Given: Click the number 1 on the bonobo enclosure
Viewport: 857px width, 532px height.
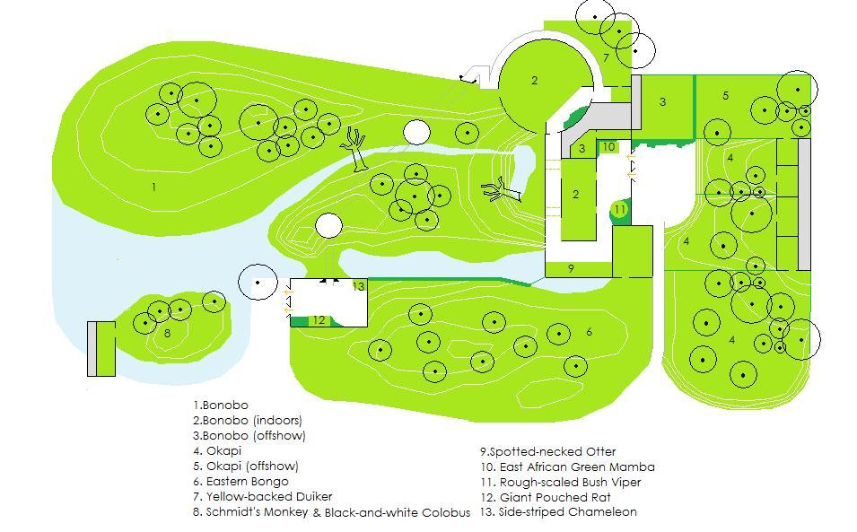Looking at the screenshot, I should pos(154,188).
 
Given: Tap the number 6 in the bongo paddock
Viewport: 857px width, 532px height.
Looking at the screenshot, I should pos(589,332).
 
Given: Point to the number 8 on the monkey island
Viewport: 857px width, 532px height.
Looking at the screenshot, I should pos(168,334).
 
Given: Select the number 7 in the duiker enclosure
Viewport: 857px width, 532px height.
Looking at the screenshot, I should pos(606,58).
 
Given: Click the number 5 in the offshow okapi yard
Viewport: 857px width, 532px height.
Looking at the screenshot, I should pos(725,96).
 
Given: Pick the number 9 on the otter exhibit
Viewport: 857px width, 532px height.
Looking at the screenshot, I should pos(571,268).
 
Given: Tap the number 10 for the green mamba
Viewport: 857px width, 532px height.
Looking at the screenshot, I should pos(608,147).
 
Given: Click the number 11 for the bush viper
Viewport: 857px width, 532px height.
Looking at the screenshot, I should pos(619,210).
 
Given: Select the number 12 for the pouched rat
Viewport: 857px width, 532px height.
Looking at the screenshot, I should pos(319,320).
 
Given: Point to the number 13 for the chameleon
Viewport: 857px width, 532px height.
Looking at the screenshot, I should pos(358,287).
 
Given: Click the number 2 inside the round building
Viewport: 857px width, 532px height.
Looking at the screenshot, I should pos(534,81).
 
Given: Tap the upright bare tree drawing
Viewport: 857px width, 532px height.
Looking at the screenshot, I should pos(356,148).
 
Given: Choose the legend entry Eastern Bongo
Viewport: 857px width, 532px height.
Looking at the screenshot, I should pos(240,482).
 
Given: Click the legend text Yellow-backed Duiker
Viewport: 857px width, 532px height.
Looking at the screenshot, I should pos(262,496).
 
